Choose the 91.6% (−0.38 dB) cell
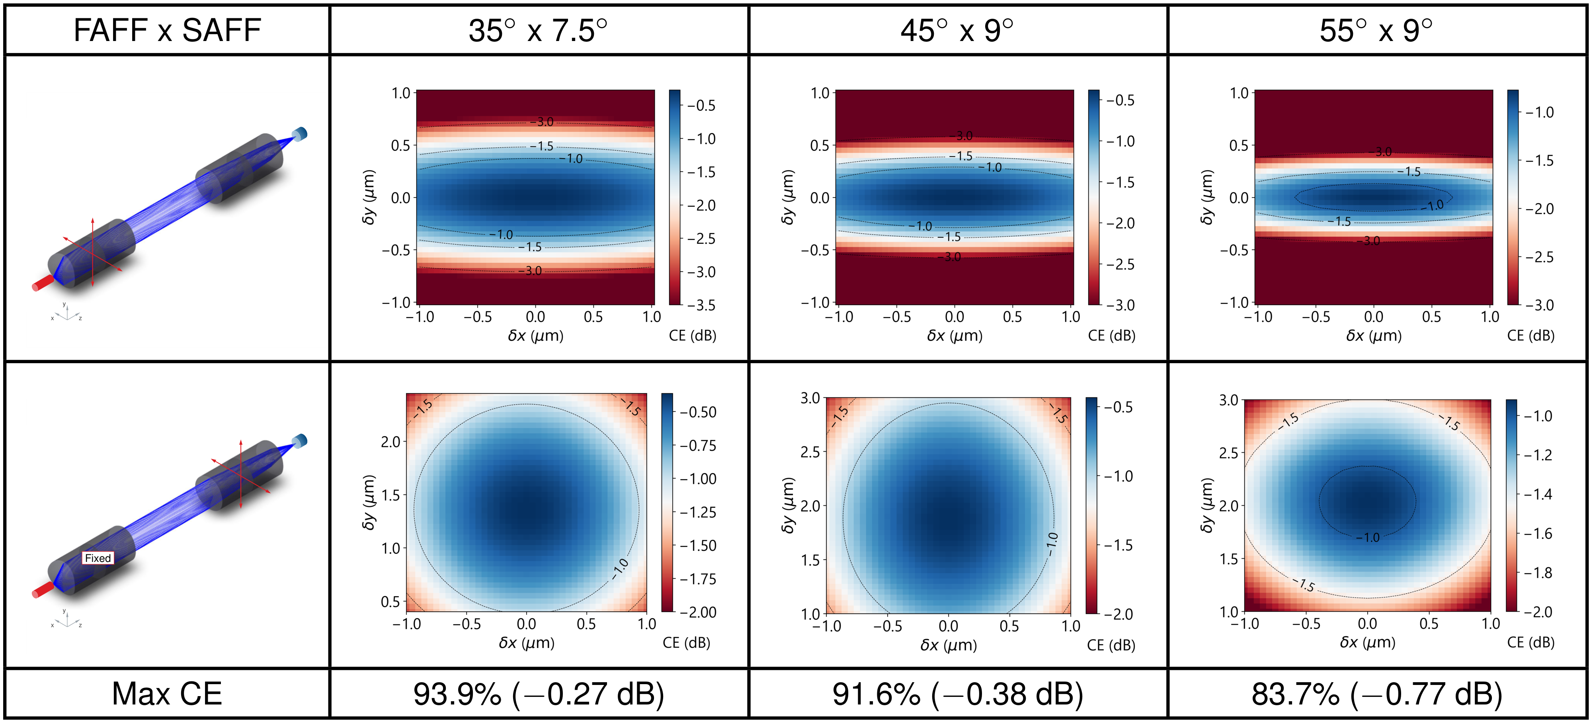pyautogui.click(x=957, y=694)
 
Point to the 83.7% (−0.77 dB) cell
pyautogui.click(x=1376, y=694)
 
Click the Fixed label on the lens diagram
pyautogui.click(x=98, y=558)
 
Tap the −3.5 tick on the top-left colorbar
pyautogui.click(x=701, y=305)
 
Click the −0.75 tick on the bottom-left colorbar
pyautogui.click(x=698, y=446)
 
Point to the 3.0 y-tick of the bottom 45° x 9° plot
pyautogui.click(x=810, y=398)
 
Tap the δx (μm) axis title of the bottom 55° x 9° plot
pyautogui.click(x=1367, y=642)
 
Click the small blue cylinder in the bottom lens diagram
pyautogui.click(x=301, y=440)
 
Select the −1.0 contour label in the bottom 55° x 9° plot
pyautogui.click(x=1368, y=538)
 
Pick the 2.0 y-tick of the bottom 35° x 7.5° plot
pyautogui.click(x=390, y=442)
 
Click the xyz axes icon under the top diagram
pyautogui.click(x=65, y=313)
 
